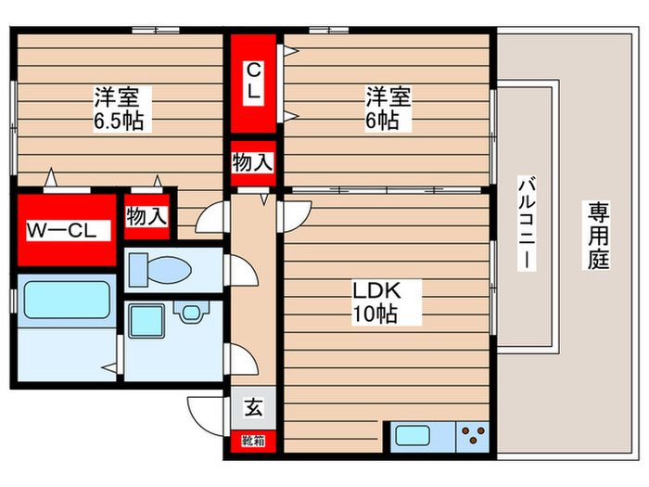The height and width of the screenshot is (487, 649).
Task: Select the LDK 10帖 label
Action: click(375, 302)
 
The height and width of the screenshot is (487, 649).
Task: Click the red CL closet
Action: click(253, 83)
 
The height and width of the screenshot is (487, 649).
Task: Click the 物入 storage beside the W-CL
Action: click(146, 217)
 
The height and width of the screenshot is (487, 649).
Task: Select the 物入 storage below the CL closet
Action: click(253, 162)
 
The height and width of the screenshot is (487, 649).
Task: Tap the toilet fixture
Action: click(162, 270)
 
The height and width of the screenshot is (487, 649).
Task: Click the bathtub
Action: click(63, 301)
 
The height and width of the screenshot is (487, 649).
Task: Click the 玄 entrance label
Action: click(252, 405)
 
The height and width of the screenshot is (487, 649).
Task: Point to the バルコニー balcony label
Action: click(525, 223)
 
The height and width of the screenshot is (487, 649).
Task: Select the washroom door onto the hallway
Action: click(233, 355)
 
